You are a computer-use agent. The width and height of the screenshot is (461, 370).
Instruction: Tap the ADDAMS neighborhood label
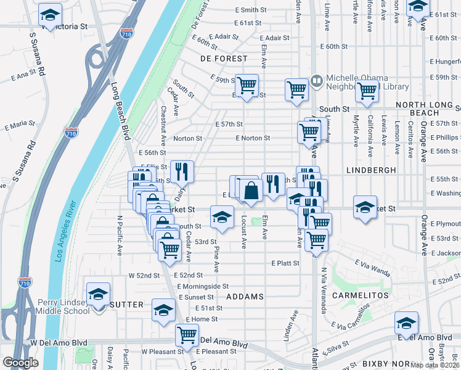[245, 297]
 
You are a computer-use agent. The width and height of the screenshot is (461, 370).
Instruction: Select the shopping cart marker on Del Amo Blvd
[187, 335]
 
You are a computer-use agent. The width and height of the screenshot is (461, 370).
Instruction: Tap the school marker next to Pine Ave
[222, 216]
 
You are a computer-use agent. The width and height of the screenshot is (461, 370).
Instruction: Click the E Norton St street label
[253, 138]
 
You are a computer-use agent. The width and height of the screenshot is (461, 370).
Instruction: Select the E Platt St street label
[285, 263]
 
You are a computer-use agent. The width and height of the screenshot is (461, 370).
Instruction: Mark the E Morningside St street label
[203, 286]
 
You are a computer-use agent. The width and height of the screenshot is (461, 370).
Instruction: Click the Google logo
[21, 363]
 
